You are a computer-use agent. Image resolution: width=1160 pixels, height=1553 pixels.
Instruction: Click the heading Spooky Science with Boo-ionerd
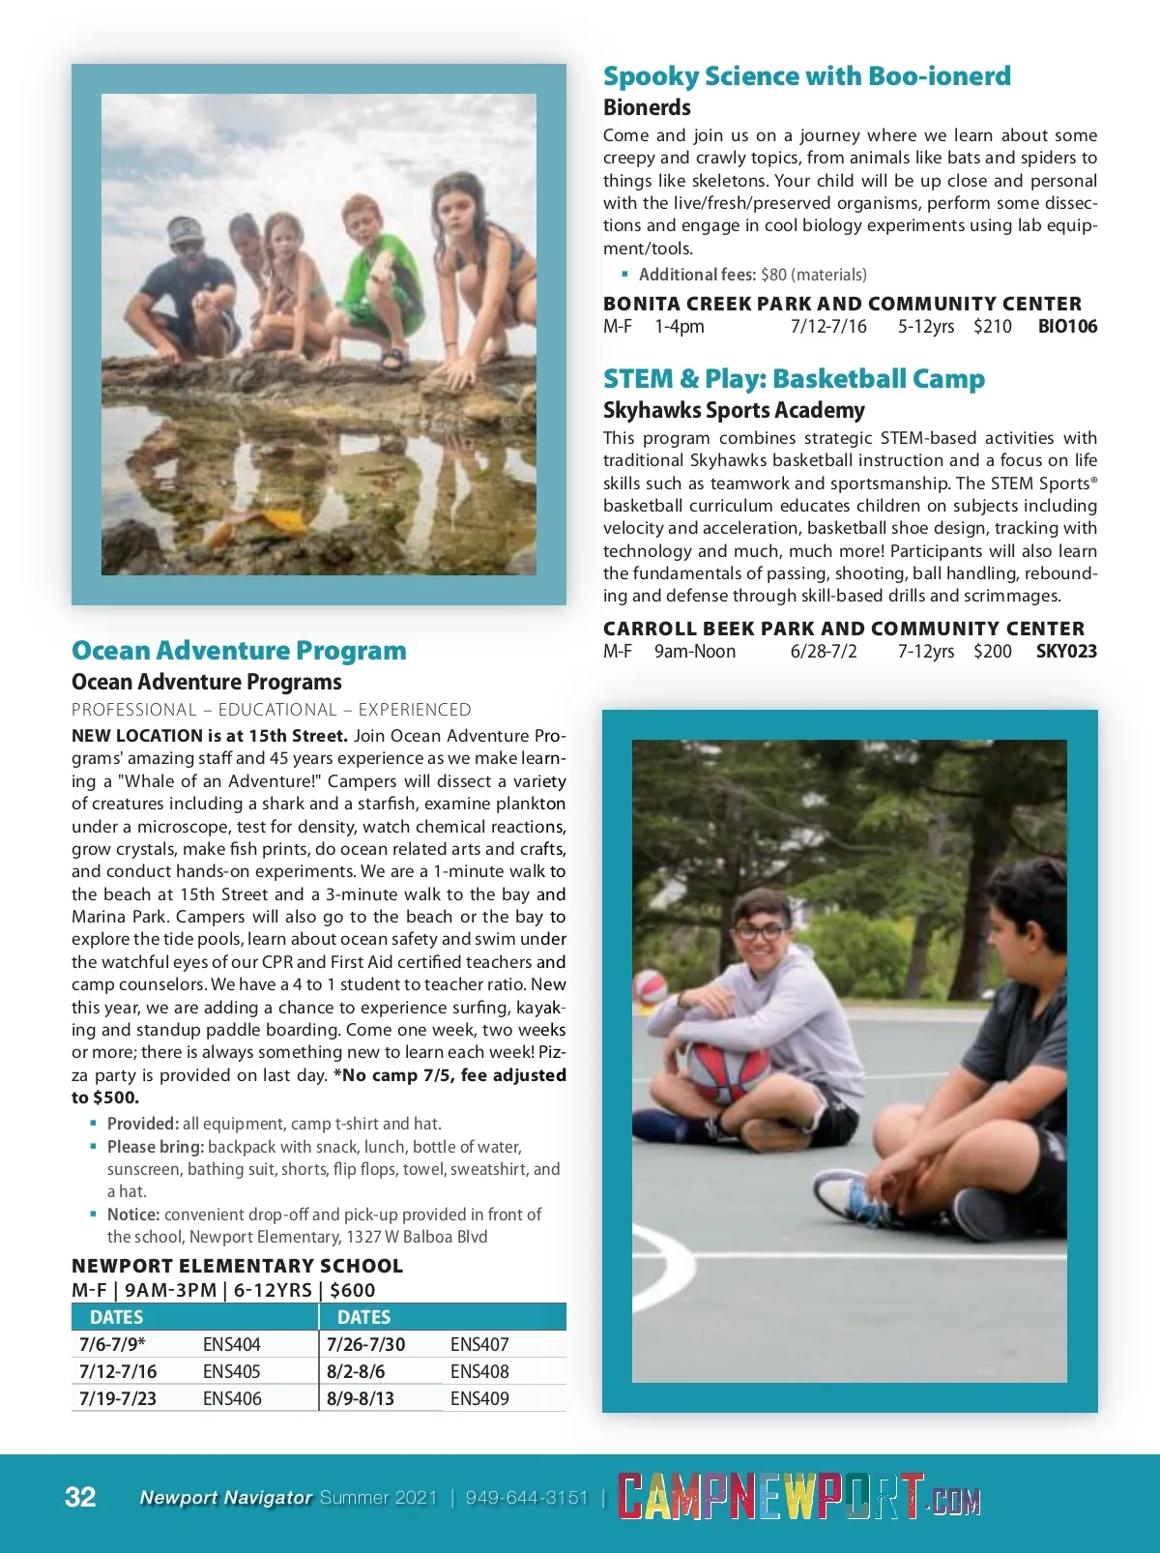[806, 76]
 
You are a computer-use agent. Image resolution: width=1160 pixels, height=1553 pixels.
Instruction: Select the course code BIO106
[1067, 326]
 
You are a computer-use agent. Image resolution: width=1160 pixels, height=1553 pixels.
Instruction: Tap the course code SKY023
[1066, 651]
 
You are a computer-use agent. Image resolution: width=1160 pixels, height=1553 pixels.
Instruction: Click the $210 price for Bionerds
[992, 326]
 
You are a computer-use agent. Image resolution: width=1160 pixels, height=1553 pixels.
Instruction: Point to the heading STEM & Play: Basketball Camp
[794, 378]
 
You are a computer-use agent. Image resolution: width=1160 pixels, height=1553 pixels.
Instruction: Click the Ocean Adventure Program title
[239, 650]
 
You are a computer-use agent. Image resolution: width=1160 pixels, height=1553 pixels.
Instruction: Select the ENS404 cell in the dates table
[232, 1344]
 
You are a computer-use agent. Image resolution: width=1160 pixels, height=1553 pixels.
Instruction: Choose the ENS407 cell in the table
[479, 1344]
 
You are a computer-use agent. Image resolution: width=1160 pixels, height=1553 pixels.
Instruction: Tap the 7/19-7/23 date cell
[118, 1398]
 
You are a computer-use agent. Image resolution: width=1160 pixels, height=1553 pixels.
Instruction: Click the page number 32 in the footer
[80, 1497]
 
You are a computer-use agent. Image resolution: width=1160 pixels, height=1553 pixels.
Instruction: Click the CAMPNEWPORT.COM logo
[798, 1498]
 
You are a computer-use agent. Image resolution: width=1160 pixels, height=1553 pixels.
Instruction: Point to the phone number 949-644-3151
[527, 1498]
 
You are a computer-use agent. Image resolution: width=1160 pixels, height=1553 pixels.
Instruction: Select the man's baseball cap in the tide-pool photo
[185, 232]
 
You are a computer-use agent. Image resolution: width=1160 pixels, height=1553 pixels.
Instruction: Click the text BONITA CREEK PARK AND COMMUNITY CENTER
[842, 304]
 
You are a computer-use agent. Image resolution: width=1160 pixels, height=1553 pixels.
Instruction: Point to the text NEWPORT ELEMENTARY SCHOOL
[237, 1266]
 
